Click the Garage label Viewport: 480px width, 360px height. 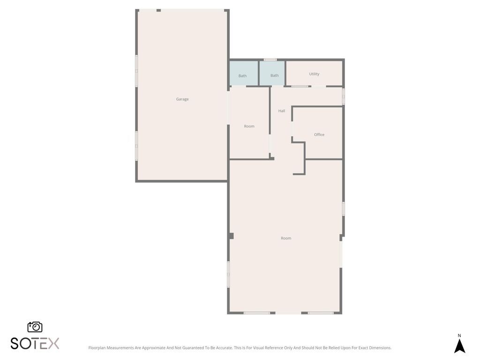182,99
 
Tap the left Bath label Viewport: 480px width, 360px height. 242,76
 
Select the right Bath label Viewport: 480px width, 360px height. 274,75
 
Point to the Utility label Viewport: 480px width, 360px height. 314,74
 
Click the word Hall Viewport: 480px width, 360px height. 282,111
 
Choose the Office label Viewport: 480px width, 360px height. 319,135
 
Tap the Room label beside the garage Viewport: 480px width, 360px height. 249,127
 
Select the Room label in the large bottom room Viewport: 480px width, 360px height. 286,239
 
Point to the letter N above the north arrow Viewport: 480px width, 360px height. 459,336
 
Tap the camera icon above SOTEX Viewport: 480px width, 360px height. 35,327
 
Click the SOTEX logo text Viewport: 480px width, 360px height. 35,343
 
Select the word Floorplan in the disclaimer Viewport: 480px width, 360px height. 97,348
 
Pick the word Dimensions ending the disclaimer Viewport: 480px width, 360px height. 380,348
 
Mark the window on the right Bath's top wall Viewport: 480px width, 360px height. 270,60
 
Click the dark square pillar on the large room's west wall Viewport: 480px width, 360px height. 231,236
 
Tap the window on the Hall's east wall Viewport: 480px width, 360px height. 343,96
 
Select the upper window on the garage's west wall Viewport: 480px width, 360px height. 137,71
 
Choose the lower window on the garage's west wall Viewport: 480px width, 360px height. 137,146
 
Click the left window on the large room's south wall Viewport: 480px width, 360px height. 256,313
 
